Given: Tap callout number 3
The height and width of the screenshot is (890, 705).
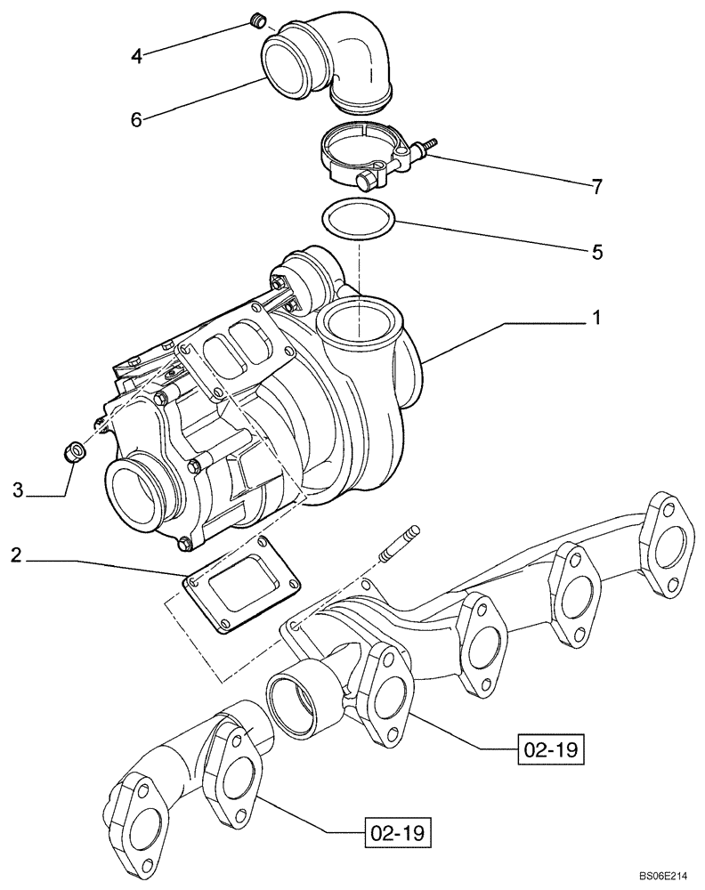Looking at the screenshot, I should point(18,489).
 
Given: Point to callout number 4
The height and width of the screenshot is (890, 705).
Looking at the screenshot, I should point(136,56).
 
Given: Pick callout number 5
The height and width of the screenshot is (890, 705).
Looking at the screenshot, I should point(596,252).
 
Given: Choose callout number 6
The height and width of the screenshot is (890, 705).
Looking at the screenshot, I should point(136,118).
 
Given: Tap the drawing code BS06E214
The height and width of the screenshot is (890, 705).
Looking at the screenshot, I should point(667,877).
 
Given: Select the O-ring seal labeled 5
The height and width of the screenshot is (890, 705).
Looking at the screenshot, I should point(358,221).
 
